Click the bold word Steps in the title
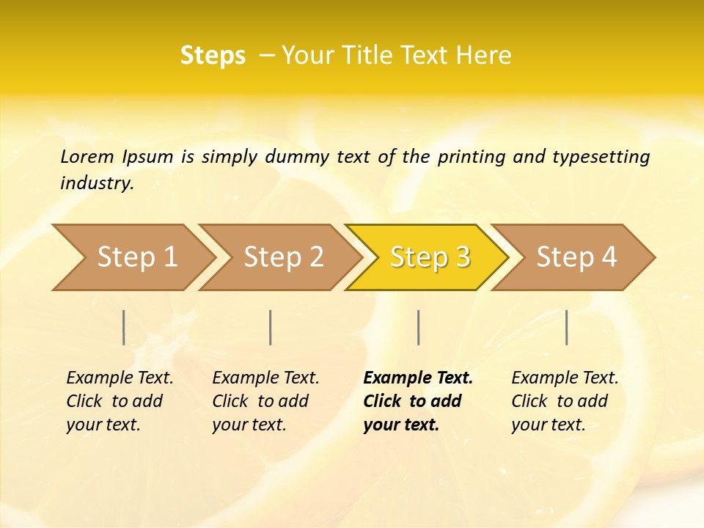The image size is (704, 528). pos(213,56)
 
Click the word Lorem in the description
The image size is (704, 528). pos(87,156)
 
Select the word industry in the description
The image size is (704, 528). pos(97,183)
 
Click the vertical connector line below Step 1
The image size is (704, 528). pos(124,327)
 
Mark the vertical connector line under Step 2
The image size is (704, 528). pos(271,327)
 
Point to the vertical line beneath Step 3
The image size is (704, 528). pos(418,327)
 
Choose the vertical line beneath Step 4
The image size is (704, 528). pos(566,327)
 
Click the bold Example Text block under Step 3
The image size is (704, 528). pos(417,401)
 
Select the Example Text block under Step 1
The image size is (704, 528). pos(120,401)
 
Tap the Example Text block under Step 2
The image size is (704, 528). pos(265,401)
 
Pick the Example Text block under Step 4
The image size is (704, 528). pos(565,401)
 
